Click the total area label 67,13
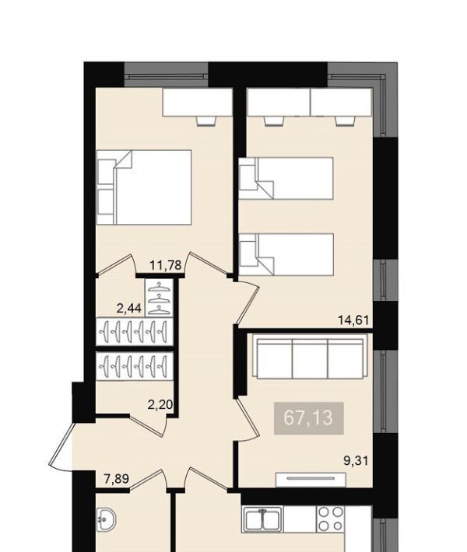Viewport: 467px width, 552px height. (308, 417)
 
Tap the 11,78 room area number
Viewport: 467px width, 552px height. (166, 265)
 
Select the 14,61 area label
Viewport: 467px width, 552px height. (353, 320)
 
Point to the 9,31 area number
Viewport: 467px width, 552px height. (356, 460)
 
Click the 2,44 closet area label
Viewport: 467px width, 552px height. (129, 309)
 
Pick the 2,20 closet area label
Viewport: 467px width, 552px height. (160, 405)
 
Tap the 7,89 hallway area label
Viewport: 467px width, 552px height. (116, 479)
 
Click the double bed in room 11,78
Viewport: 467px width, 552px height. (144, 187)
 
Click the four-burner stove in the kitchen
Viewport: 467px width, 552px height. (330, 519)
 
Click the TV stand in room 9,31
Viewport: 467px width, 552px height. (311, 480)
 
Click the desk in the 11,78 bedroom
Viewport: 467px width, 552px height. (197, 102)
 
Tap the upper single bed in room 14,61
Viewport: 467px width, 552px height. (286, 179)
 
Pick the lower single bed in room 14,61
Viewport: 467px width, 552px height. (286, 254)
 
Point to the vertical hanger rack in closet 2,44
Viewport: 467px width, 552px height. (160, 298)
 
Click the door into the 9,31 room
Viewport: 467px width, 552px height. (247, 419)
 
